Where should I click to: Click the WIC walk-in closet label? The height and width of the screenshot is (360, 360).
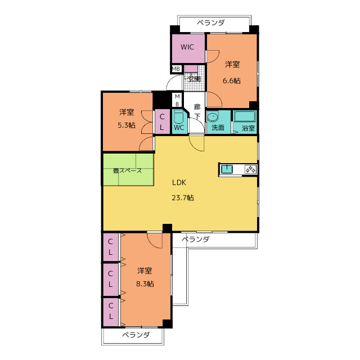[x=187, y=47]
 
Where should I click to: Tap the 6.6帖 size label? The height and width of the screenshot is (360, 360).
[x=232, y=81]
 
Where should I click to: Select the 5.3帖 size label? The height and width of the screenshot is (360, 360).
[x=127, y=125]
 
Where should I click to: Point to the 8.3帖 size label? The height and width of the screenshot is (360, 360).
[x=145, y=284]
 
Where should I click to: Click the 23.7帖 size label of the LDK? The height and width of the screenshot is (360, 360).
[x=183, y=197]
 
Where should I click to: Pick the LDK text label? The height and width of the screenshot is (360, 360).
[x=179, y=182]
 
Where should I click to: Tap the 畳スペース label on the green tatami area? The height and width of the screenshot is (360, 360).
[x=128, y=170]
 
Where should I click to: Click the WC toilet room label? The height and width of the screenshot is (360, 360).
[x=179, y=128]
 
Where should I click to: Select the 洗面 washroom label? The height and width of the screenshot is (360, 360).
[x=218, y=128]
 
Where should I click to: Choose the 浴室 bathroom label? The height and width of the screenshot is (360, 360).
[x=249, y=128]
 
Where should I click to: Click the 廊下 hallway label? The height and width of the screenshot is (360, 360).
[x=197, y=111]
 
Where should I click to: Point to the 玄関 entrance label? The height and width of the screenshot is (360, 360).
[x=194, y=79]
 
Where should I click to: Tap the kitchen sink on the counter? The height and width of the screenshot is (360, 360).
[x=227, y=169]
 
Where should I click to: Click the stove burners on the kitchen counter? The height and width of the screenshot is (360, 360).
[x=250, y=169]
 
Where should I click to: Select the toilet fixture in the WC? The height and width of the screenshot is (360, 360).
[x=178, y=117]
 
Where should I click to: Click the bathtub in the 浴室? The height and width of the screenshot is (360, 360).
[x=245, y=116]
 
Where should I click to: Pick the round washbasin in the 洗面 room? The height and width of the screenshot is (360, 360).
[x=213, y=117]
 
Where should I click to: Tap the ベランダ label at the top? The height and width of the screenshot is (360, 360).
[x=211, y=22]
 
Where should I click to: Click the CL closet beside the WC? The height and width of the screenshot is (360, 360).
[x=162, y=121]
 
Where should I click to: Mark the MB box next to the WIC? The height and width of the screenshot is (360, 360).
[x=176, y=69]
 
